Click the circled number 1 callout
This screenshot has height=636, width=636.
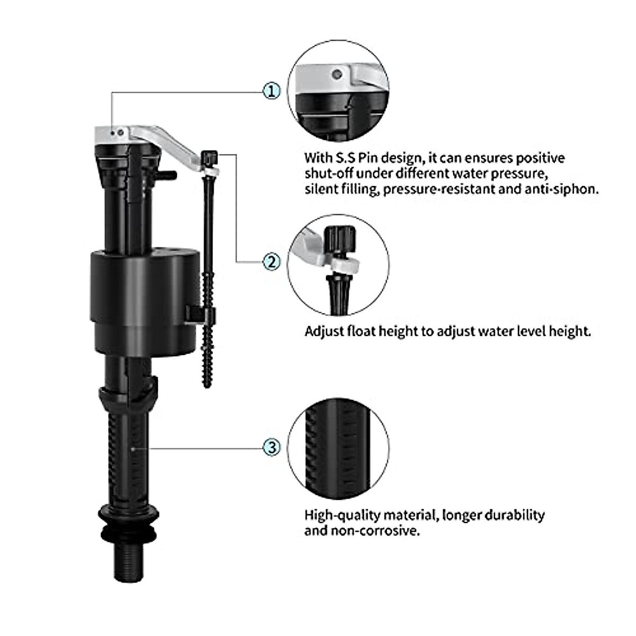pos(272,91)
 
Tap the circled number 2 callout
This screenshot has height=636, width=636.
pos(272,261)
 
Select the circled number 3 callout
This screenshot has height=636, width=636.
pos(272,447)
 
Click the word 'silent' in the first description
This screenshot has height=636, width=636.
pos(320,189)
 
